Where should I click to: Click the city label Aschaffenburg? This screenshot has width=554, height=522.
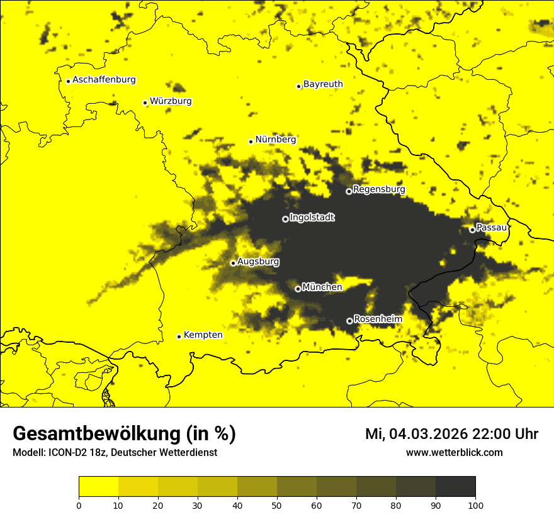(x=104, y=80)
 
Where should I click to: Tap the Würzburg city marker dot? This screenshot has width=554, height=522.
(x=145, y=103)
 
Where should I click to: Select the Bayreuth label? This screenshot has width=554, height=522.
(x=323, y=84)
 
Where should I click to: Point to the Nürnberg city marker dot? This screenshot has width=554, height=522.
(x=251, y=142)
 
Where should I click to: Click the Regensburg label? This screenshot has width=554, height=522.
(x=379, y=189)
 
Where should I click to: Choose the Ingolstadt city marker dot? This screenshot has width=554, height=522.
(x=285, y=219)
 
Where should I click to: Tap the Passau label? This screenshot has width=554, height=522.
(x=492, y=228)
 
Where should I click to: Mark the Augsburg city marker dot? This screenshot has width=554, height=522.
(x=233, y=263)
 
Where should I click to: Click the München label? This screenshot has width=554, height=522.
(x=322, y=287)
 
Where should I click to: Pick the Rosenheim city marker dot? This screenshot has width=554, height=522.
(x=349, y=321)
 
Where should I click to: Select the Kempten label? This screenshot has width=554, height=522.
(x=203, y=335)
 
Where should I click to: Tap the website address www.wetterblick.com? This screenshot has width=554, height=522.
(x=454, y=453)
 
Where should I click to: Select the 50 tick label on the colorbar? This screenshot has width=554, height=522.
(x=277, y=505)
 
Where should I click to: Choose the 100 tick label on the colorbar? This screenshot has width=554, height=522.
(x=475, y=505)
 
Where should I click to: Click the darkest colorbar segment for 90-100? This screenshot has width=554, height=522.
(x=455, y=487)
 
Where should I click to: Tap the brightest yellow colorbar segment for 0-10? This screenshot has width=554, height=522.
(x=98, y=487)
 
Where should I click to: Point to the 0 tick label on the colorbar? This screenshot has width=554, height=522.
(x=79, y=505)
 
